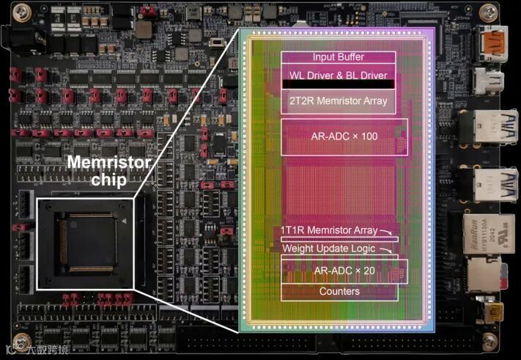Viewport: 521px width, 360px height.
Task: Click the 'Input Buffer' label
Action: point(338,57)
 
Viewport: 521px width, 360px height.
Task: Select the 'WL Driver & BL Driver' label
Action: point(339,74)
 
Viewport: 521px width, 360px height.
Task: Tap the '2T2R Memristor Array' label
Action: point(339,101)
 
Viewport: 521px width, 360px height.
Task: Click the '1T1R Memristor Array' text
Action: point(328,231)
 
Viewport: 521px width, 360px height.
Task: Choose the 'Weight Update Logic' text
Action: point(328,249)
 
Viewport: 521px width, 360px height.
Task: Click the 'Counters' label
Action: point(339,291)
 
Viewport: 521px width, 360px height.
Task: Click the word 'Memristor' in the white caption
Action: point(109,163)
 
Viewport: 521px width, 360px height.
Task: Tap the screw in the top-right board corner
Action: point(487,11)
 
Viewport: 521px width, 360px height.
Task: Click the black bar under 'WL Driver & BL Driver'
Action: point(339,84)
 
